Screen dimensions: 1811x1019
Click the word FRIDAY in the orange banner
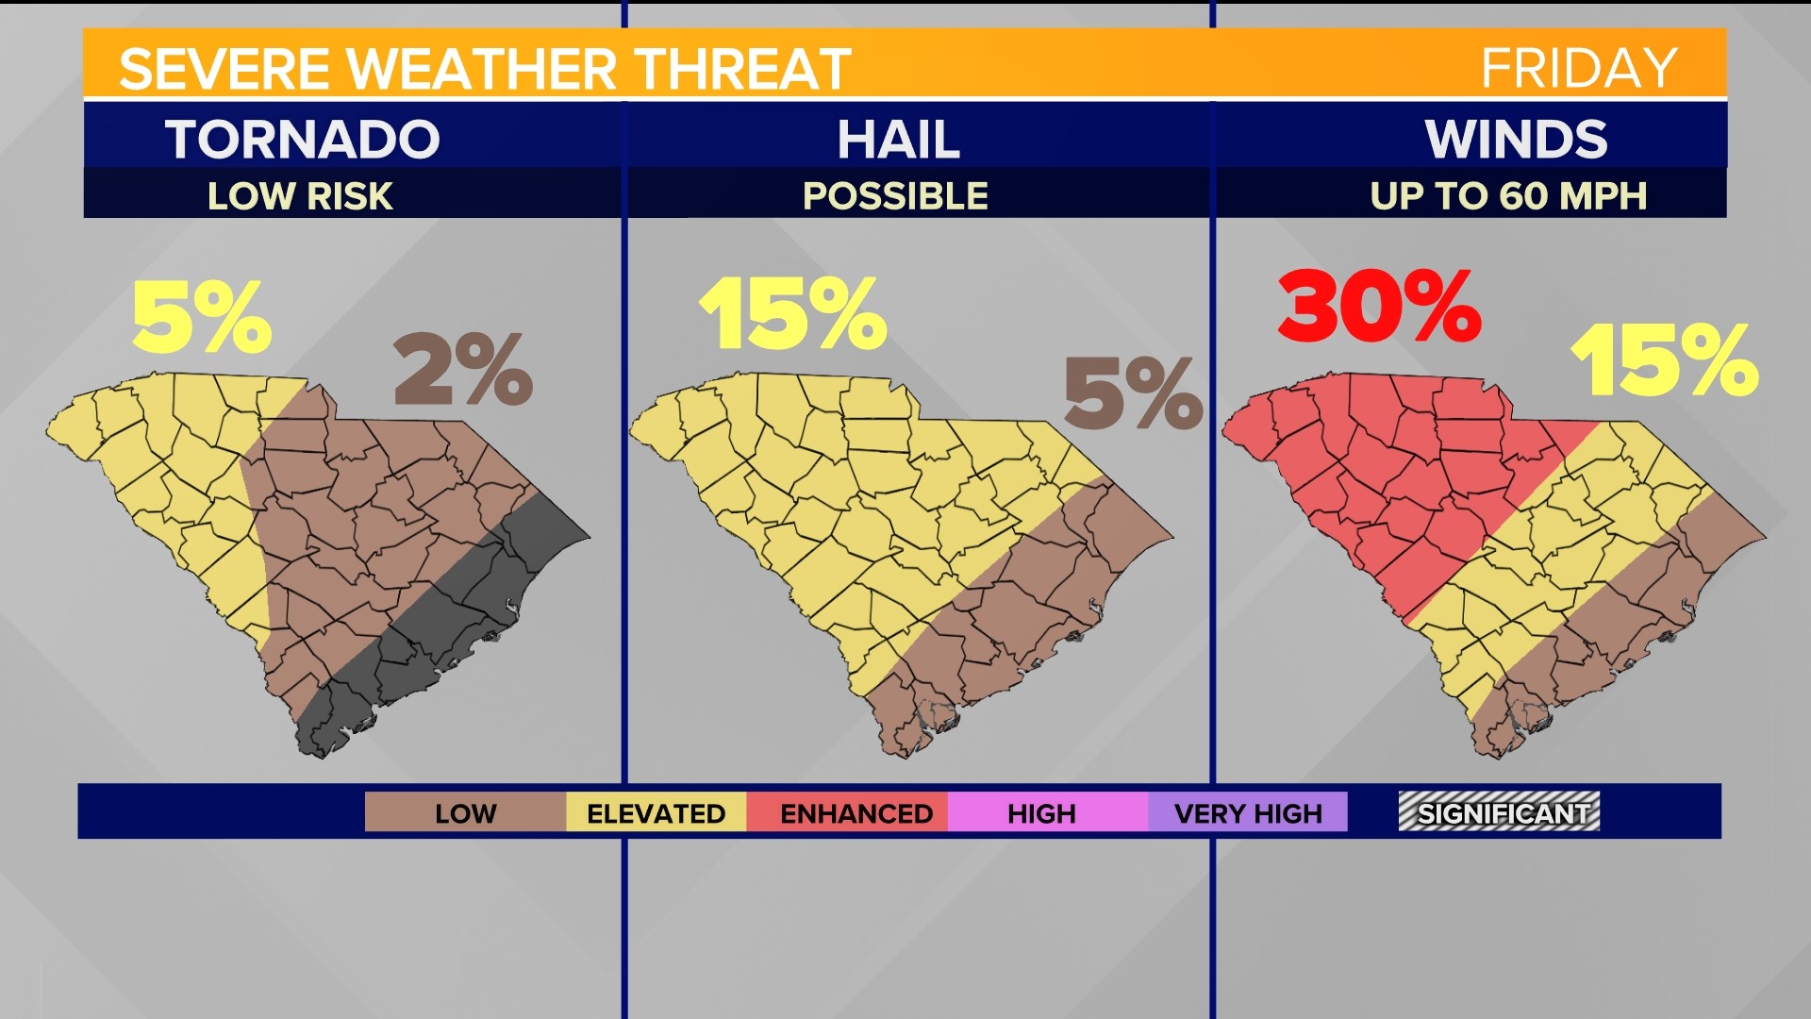(x=1579, y=68)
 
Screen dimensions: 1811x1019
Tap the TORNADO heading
(x=303, y=140)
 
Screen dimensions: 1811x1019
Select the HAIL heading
(x=898, y=140)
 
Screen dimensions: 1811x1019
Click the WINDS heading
(x=1516, y=140)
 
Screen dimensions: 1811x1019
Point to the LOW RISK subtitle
(x=300, y=196)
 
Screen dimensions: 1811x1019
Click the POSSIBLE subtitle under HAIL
(x=895, y=196)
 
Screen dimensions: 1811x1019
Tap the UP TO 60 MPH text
(x=1508, y=196)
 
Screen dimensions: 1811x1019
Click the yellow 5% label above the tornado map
(x=202, y=317)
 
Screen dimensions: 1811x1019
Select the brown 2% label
(x=463, y=369)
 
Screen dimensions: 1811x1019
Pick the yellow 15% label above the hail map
(x=792, y=313)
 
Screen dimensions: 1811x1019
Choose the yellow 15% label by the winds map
(x=1665, y=359)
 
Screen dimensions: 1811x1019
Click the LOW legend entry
(x=465, y=813)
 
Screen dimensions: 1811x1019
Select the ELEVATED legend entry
(x=656, y=813)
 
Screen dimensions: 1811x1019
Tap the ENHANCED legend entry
(x=856, y=813)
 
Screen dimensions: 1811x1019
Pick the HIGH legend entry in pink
(x=1041, y=813)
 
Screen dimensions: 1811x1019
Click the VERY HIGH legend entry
(x=1248, y=813)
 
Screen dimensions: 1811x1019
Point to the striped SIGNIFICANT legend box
(x=1500, y=812)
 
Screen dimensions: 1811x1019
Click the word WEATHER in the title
(x=481, y=69)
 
